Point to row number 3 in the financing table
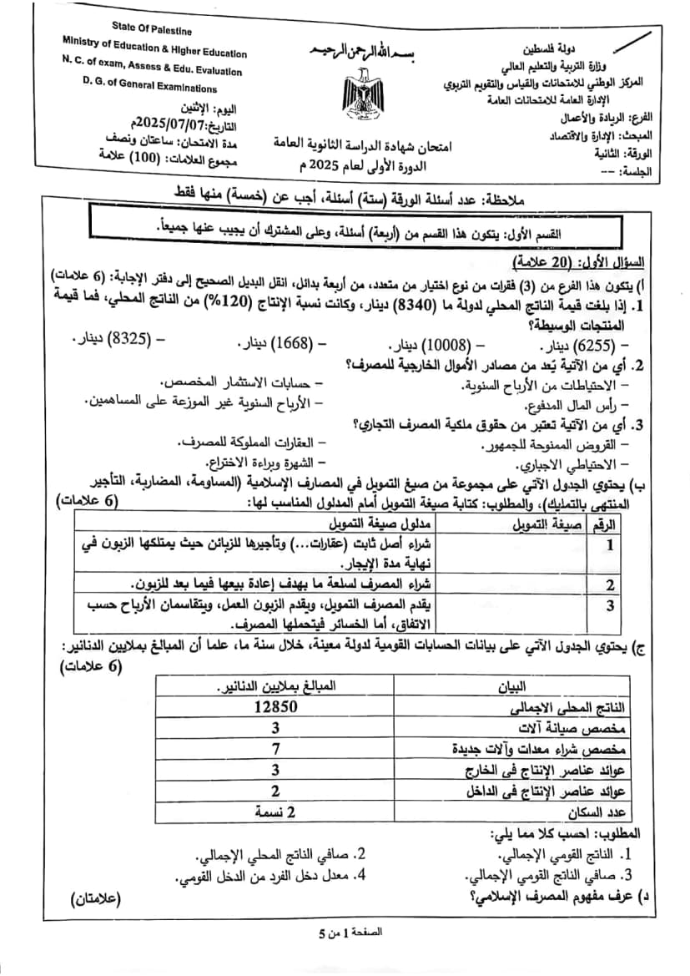coord(610,604)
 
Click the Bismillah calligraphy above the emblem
coord(361,48)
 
